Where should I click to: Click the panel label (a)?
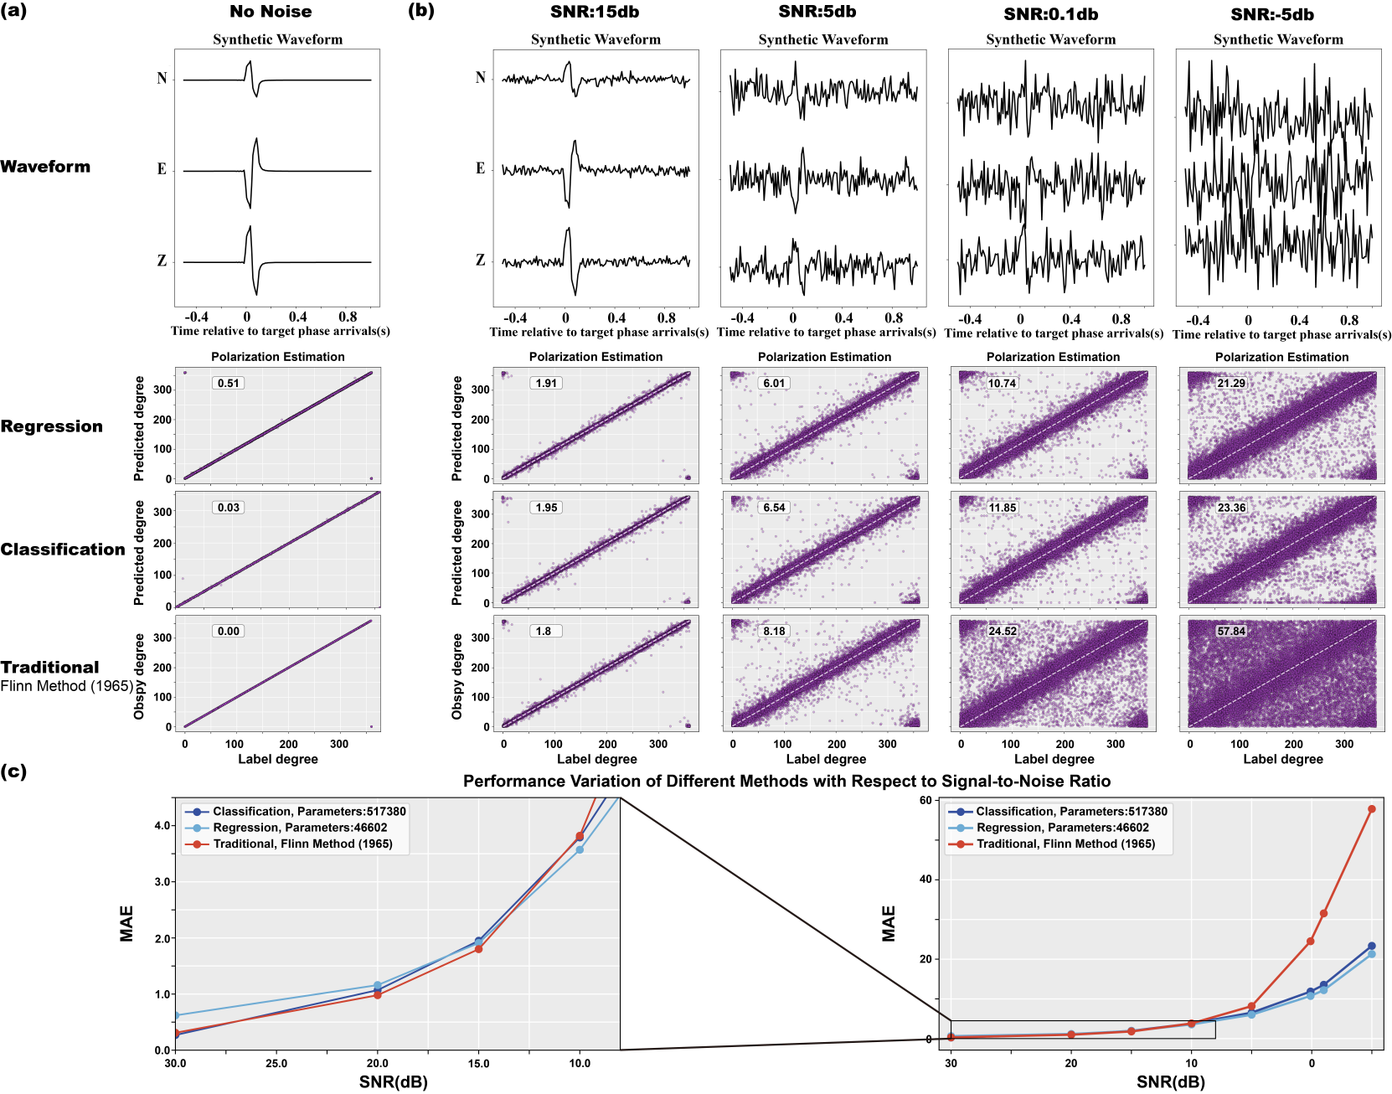pyautogui.click(x=13, y=11)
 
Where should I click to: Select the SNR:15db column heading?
pyautogui.click(x=595, y=13)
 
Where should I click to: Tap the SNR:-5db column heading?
pyautogui.click(x=1271, y=14)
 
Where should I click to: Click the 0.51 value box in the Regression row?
pyautogui.click(x=228, y=384)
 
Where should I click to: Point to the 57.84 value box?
pyautogui.click(x=1231, y=632)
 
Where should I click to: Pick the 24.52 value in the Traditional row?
pyautogui.click(x=1002, y=632)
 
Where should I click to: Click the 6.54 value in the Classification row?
pyautogui.click(x=774, y=508)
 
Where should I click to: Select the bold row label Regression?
pyautogui.click(x=51, y=426)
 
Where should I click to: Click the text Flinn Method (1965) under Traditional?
pyautogui.click(x=67, y=686)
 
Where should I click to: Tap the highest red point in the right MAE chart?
pyautogui.click(x=1371, y=809)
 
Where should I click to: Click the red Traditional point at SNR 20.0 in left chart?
pyautogui.click(x=378, y=995)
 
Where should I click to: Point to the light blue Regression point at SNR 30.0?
pyautogui.click(x=176, y=1015)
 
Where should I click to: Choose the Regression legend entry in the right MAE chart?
pyautogui.click(x=1062, y=828)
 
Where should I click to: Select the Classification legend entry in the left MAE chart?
pyautogui.click(x=308, y=812)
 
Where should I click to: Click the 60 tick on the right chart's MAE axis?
pyautogui.click(x=925, y=800)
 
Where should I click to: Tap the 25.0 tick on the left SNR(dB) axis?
pyautogui.click(x=276, y=1064)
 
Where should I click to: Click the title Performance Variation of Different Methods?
pyautogui.click(x=786, y=782)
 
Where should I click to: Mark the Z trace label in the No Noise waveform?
pyautogui.click(x=162, y=261)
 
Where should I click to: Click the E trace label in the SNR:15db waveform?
pyautogui.click(x=480, y=168)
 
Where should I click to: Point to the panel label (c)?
pyautogui.click(x=13, y=771)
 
